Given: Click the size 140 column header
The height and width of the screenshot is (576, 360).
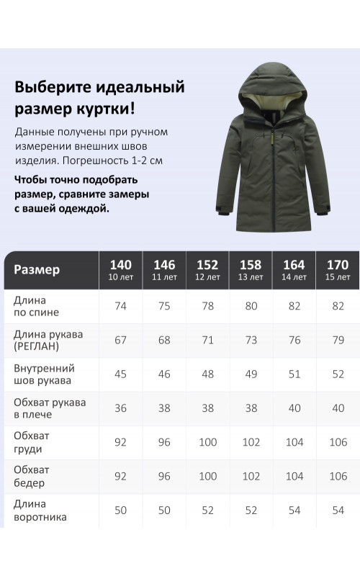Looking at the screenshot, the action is click(x=121, y=269).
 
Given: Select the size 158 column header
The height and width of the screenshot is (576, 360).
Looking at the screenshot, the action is click(x=251, y=269).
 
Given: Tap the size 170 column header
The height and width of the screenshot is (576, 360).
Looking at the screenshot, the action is click(x=338, y=269).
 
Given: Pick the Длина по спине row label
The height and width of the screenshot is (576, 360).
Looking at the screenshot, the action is click(x=36, y=306).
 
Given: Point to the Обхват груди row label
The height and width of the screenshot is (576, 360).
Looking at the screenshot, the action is click(x=32, y=442).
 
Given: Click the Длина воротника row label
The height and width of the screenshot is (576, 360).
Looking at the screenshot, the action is click(x=40, y=510).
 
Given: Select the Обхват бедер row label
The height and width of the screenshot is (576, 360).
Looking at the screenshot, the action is click(x=32, y=476).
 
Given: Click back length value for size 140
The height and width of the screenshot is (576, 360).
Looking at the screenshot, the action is click(x=121, y=306).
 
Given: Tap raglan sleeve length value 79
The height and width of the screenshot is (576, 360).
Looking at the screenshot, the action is click(x=338, y=340).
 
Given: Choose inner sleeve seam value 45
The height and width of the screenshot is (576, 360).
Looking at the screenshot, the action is click(x=121, y=374).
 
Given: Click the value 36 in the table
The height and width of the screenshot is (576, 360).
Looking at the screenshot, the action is click(x=121, y=408).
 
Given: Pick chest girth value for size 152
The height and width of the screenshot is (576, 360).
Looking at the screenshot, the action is click(x=207, y=442).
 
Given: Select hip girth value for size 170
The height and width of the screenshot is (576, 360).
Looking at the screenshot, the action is click(x=338, y=476).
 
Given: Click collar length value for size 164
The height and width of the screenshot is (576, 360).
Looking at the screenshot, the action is click(x=294, y=510).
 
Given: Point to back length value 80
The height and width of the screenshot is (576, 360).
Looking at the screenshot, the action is click(x=251, y=306).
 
